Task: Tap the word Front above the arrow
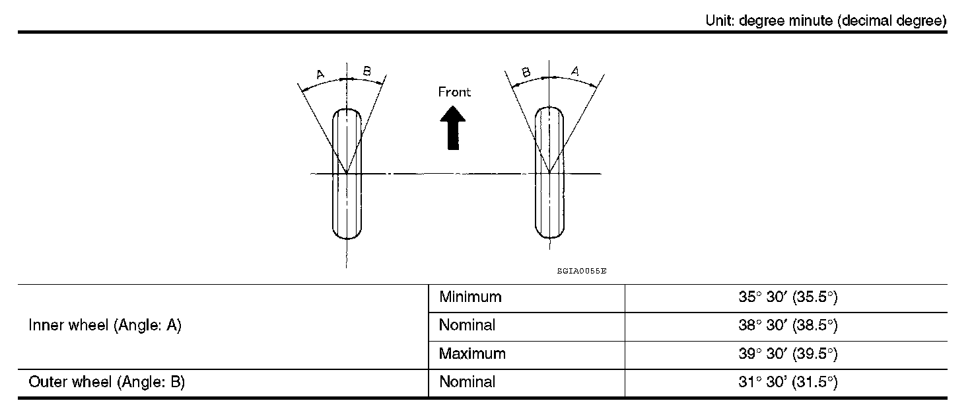click(454, 92)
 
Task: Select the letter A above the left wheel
click(320, 74)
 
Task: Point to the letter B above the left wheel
click(367, 71)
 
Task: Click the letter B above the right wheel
click(526, 72)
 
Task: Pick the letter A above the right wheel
click(574, 71)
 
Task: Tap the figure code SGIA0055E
click(581, 271)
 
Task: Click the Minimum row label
click(470, 297)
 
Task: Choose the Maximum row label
click(472, 353)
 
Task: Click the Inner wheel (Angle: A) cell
click(105, 326)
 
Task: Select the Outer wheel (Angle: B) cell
click(106, 382)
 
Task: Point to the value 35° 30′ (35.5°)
click(787, 297)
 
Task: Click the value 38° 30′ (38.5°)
click(787, 326)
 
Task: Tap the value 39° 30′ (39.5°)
click(787, 353)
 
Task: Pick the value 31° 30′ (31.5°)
click(787, 382)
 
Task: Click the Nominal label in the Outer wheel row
click(467, 382)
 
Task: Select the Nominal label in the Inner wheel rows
click(467, 326)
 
